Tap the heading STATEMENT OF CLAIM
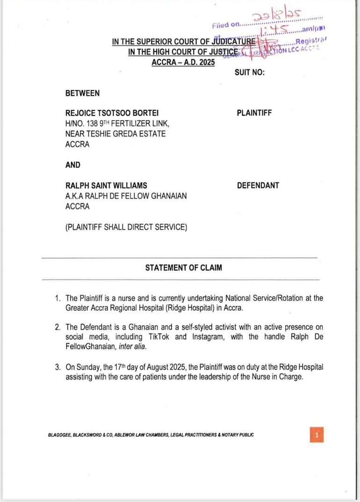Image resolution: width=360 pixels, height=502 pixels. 183,268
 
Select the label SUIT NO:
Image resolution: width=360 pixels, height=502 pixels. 249,73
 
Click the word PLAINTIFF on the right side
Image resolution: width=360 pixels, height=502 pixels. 254,113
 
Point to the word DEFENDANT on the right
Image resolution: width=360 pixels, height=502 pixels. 258,186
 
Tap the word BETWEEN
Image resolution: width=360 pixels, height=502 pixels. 82,93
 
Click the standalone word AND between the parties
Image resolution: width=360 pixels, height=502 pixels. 73,165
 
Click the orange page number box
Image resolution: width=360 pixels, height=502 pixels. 317,435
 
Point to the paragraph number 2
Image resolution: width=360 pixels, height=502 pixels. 57,328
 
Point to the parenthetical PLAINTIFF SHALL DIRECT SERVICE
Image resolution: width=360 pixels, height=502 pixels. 126,228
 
